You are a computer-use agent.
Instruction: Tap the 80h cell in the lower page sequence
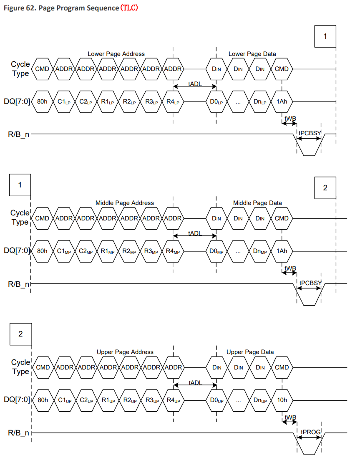(x=42, y=101)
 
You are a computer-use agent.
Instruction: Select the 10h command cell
(x=282, y=400)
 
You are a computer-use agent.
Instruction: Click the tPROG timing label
(x=309, y=431)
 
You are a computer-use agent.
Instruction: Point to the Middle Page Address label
(x=125, y=203)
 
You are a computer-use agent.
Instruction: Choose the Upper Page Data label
(x=250, y=352)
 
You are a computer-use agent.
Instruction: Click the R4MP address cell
(x=173, y=251)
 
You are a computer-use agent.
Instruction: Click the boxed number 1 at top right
(x=325, y=36)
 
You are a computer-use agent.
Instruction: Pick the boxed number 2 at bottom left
(x=20, y=334)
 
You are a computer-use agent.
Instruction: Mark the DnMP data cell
(x=260, y=251)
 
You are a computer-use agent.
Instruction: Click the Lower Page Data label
(x=252, y=54)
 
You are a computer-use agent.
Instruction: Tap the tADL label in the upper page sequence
(x=195, y=382)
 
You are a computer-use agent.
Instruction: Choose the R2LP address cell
(x=129, y=101)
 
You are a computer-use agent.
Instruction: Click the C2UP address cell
(x=86, y=400)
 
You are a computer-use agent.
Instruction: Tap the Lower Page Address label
(x=116, y=54)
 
